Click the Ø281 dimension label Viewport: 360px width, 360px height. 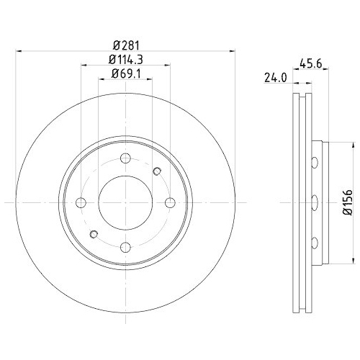126,45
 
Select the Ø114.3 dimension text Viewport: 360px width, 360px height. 125,60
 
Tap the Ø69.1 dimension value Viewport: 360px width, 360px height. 125,73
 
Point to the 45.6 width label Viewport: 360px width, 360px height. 310,63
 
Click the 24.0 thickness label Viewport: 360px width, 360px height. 276,78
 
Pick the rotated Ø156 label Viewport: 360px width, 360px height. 348,202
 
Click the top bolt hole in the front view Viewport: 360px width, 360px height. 125,158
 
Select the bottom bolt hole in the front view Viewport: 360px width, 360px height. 125,248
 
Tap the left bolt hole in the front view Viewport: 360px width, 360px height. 81,202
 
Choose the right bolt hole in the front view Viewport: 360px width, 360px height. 170,202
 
